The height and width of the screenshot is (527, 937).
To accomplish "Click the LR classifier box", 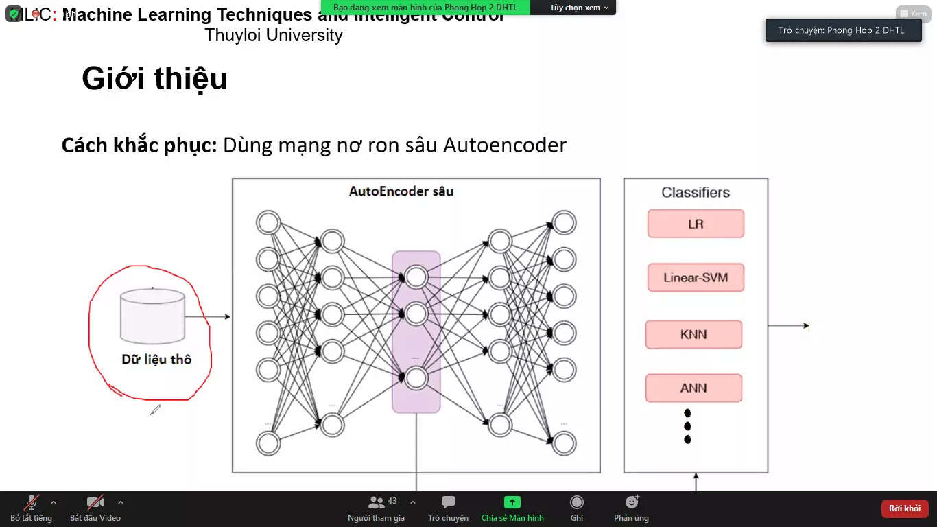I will click(696, 224).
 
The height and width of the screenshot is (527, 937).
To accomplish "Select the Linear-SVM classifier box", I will click(696, 278).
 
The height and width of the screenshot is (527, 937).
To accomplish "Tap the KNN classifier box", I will click(693, 334).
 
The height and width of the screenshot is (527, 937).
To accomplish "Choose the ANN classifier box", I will click(693, 388).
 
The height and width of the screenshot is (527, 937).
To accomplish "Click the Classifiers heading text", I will click(696, 193).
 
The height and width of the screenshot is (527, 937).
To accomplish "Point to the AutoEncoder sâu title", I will click(401, 191).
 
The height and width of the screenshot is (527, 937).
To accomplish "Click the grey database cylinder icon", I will click(152, 316).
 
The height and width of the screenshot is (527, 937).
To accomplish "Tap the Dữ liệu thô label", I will click(156, 360).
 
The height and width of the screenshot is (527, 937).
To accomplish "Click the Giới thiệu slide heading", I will click(154, 79).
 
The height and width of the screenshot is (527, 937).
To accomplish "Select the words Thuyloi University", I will click(274, 35).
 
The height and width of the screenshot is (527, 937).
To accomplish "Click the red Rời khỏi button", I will click(905, 508).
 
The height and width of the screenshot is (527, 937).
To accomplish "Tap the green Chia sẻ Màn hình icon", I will click(512, 502).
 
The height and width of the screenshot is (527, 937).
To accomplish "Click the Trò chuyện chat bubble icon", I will click(449, 502).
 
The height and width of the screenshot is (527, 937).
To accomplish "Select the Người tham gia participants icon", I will click(377, 502).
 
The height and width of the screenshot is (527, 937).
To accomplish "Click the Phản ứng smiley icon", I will click(632, 502).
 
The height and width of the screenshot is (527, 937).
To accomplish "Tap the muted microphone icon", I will click(32, 502).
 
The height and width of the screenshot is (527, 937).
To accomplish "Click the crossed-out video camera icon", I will click(95, 502).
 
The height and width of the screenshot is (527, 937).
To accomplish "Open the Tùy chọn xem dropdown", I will click(579, 8).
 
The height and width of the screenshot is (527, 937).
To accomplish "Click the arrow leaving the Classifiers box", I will click(789, 326).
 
